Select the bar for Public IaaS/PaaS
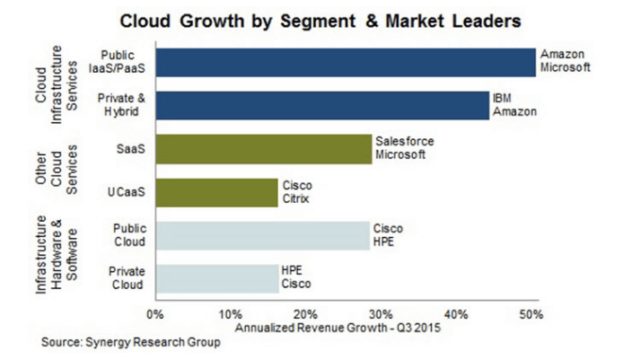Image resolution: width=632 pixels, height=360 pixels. pos(345,62)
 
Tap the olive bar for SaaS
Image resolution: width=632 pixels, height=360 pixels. pos(262,149)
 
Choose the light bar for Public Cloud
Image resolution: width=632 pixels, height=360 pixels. pos(261,235)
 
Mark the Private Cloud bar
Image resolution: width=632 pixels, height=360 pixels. pos(216,278)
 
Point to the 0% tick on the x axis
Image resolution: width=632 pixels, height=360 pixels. pos(154,314)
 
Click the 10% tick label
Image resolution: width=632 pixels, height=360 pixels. pos(230,314)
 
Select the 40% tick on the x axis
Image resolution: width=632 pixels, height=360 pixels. pos(455,314)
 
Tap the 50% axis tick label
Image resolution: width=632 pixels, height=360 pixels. pos(531,314)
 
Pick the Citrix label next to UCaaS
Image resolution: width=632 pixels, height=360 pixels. pos(296,199)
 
